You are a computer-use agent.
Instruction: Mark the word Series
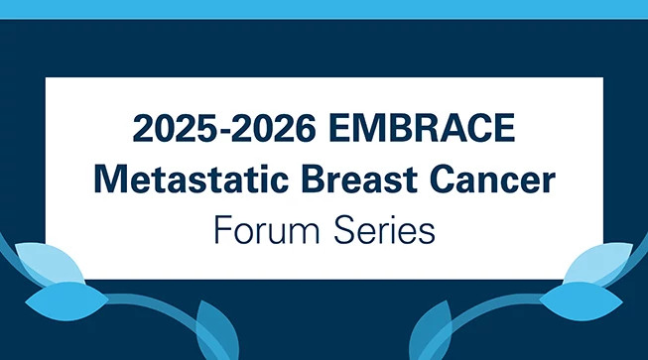(x=381, y=231)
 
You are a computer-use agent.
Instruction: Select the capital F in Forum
(x=220, y=231)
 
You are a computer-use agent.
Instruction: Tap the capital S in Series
(x=340, y=231)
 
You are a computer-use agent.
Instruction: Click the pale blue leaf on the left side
(x=41, y=263)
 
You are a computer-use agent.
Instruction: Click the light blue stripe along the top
(x=324, y=9)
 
